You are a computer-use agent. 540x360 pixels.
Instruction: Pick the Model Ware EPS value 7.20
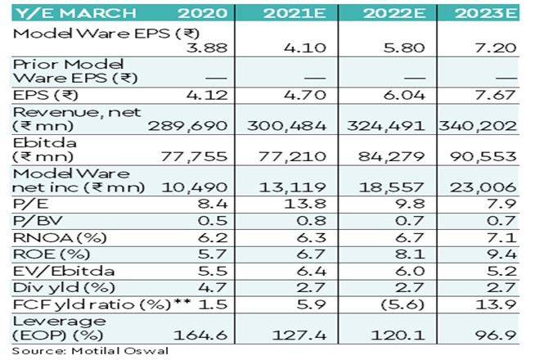498,49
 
